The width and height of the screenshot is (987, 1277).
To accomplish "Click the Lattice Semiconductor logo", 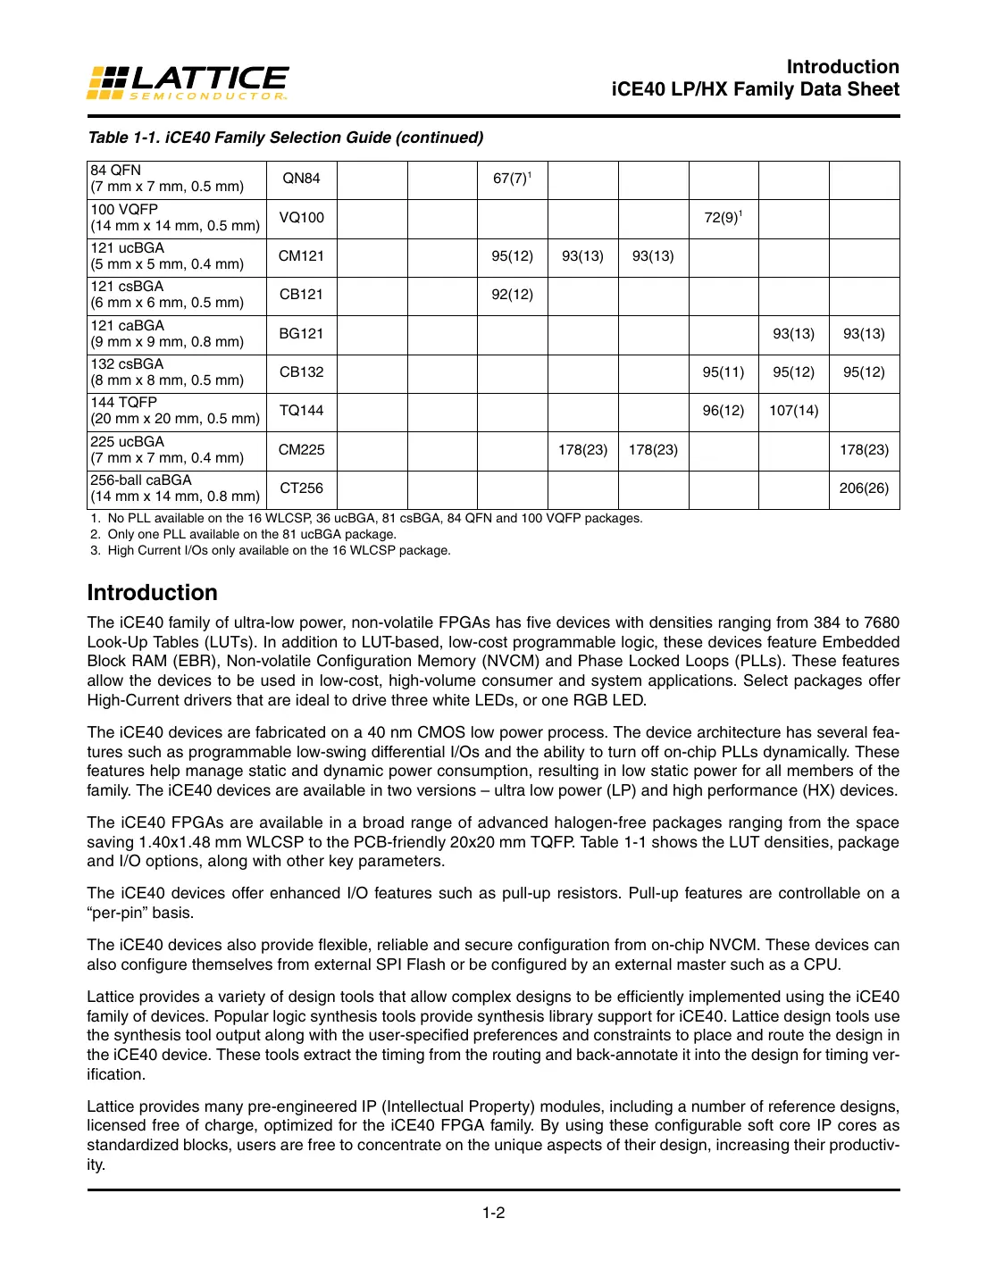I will point(188,83).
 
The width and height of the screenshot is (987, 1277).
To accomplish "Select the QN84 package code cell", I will point(301,179).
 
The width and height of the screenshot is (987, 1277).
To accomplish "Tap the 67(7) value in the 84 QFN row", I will point(511,179).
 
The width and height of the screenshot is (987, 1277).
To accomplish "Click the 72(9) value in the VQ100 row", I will point(723,218).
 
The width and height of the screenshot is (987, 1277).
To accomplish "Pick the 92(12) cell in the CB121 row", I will point(512,295).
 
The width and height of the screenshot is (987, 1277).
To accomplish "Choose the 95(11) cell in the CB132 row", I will point(723,372).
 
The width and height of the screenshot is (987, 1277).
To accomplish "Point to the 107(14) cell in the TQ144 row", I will point(793,411).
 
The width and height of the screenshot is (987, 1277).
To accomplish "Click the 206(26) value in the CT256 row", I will point(864,488).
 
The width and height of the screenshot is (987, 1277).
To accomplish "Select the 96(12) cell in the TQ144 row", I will point(723,411).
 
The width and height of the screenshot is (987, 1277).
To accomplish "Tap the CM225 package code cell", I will point(301,450).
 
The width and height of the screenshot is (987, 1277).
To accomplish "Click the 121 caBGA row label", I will point(167,334).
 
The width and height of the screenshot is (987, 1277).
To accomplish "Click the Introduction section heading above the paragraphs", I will point(152,593).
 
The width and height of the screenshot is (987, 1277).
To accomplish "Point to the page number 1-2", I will point(493,1213).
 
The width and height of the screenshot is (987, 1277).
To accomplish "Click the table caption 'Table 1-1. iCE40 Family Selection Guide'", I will point(285,138).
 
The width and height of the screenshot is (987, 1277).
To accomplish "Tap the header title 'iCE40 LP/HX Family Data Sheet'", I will point(755,89).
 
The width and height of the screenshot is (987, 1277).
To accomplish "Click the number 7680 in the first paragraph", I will point(882,622).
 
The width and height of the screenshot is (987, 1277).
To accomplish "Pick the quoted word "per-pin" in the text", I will point(121,913).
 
